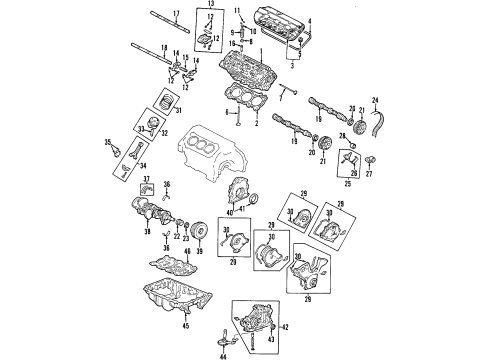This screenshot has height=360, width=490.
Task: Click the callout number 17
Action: coord(176,13)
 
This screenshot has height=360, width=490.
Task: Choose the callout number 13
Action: coord(209,4)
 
